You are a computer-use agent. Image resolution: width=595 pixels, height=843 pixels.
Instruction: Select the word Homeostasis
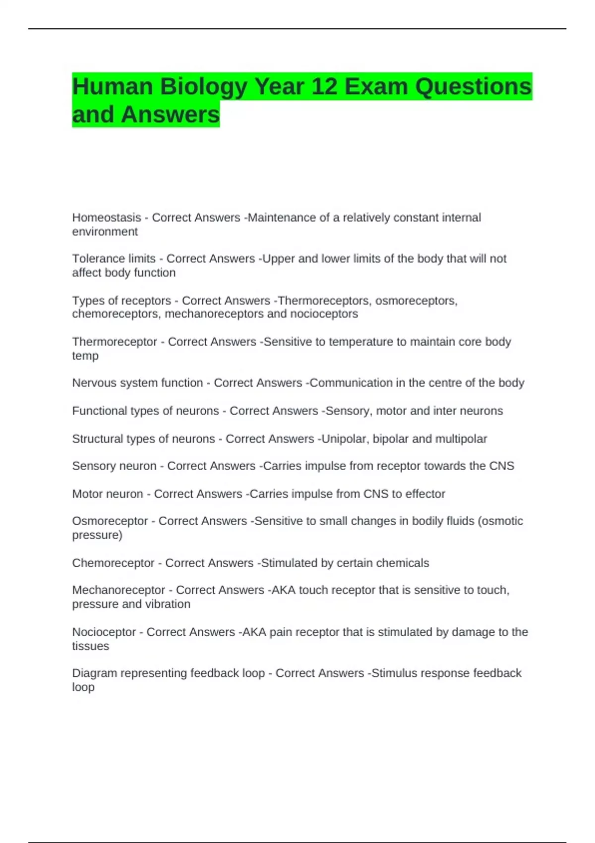point(107,218)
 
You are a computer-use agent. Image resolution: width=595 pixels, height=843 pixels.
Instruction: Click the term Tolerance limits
point(114,259)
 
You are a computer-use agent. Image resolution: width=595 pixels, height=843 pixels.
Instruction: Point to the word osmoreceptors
point(416,301)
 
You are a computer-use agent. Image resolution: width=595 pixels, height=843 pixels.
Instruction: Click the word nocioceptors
point(324,314)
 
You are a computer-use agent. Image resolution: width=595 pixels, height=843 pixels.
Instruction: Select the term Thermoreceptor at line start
point(115,342)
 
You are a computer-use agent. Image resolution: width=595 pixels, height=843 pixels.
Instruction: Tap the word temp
point(85,356)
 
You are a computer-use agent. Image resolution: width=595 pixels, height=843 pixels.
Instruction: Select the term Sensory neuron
point(114,466)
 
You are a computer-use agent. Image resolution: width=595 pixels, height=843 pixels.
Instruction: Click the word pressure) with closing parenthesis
point(97,535)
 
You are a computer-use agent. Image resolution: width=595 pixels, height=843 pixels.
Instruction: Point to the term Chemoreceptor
point(113,563)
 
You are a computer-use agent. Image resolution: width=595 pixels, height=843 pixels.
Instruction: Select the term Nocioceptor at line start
point(104,632)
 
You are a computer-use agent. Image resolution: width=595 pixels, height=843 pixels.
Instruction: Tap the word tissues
point(90,646)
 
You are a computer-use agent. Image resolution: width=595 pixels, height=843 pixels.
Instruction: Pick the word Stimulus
point(395,673)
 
